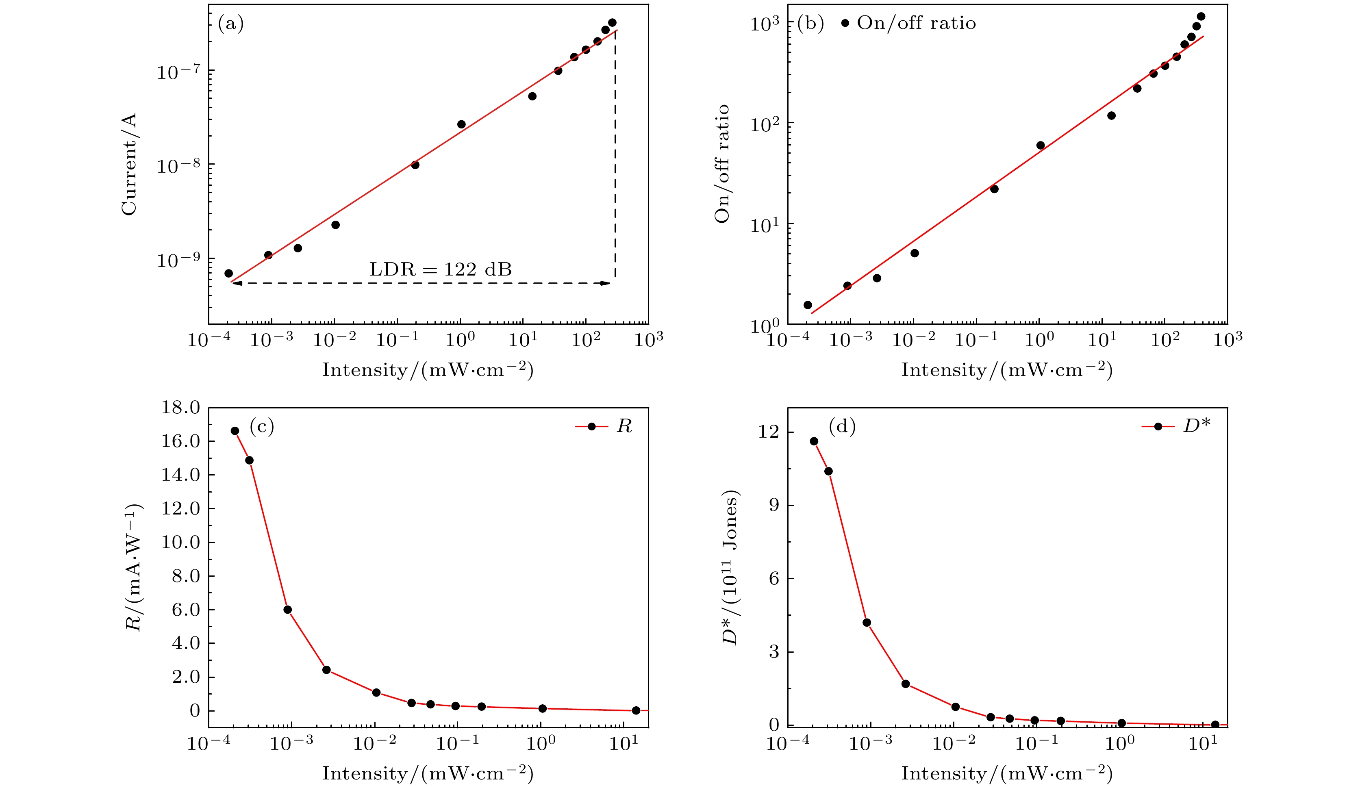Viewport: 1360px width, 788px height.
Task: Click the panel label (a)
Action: [x=230, y=23]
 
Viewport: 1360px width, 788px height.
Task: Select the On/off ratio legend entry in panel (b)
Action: [x=909, y=23]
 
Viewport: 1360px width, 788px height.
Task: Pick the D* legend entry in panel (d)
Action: [x=1177, y=426]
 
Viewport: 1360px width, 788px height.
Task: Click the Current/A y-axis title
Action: [x=130, y=164]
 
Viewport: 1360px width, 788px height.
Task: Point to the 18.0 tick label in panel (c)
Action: [x=180, y=408]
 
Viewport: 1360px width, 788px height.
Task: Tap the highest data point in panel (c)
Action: [x=235, y=431]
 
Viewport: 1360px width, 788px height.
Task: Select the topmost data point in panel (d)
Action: [x=814, y=441]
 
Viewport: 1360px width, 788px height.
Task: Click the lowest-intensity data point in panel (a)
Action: [x=228, y=273]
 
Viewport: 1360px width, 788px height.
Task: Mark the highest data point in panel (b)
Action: [x=1201, y=16]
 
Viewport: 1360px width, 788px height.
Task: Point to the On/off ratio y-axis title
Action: [x=722, y=164]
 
